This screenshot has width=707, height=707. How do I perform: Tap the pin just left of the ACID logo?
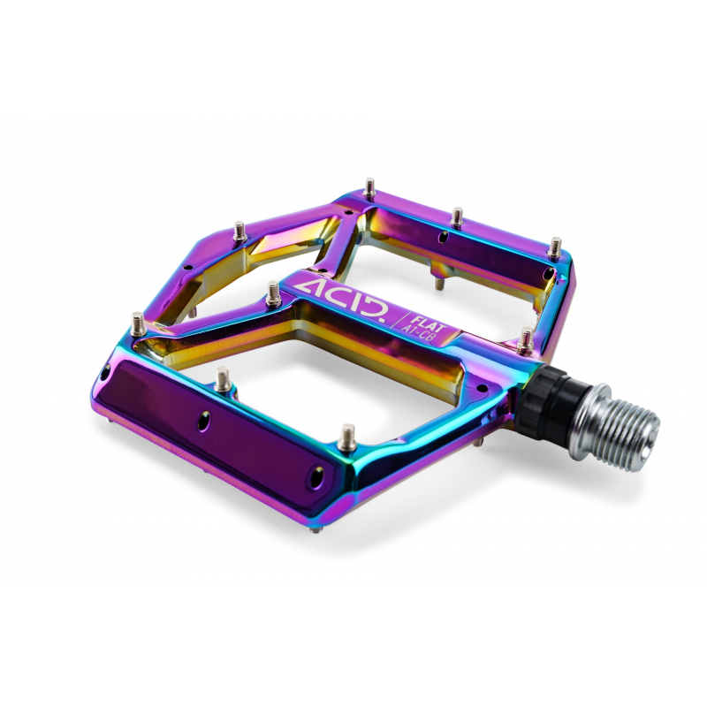click(273, 293)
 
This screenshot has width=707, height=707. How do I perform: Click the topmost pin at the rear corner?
click(369, 188)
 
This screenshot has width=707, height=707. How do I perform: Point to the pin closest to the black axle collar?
click(525, 340)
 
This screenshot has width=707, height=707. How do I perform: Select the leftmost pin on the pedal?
click(138, 323)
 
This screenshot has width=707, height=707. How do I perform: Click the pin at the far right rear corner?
click(555, 248)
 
